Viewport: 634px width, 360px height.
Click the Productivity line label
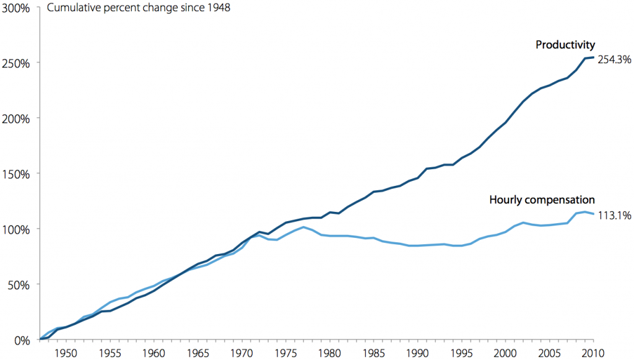(565, 45)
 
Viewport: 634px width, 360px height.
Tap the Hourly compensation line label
(542, 200)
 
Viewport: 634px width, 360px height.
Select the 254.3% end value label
(614, 60)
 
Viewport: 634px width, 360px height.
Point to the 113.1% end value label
(614, 216)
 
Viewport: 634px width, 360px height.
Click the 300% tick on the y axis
(17, 13)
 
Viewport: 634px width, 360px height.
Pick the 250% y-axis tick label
(17, 63)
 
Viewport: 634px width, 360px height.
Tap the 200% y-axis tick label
(17, 118)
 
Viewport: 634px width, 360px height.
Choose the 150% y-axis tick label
(17, 173)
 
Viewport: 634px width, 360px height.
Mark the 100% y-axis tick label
(17, 229)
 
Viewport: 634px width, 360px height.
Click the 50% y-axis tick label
(19, 284)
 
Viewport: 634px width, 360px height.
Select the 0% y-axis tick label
(22, 340)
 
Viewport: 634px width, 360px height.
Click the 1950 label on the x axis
(66, 353)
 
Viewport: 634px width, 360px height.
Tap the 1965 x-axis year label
(197, 353)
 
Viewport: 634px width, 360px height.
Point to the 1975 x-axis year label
(285, 353)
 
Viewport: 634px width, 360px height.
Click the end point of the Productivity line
(593, 58)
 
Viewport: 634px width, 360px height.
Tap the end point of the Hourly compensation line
(593, 214)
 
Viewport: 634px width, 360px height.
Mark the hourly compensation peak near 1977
(303, 227)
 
